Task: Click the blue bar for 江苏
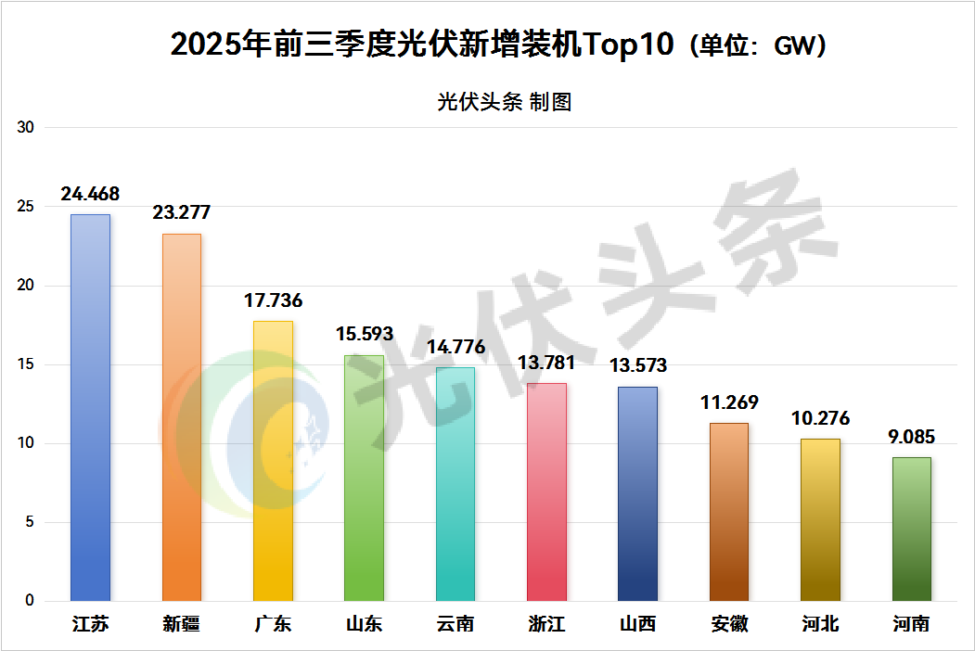[90, 408]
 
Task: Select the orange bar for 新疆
[182, 417]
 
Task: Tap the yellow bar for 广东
[273, 461]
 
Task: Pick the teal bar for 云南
[455, 484]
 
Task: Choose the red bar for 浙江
[546, 491]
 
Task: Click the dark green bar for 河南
[912, 529]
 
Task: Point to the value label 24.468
[90, 194]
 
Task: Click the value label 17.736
[273, 300]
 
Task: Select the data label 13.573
[637, 366]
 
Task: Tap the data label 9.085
[912, 437]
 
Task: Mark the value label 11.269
[729, 402]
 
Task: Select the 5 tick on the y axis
[29, 522]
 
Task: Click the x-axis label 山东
[364, 623]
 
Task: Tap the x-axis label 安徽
[729, 623]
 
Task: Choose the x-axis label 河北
[820, 623]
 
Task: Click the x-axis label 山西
[637, 623]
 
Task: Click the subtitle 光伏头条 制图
[505, 102]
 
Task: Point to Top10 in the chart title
[627, 45]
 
